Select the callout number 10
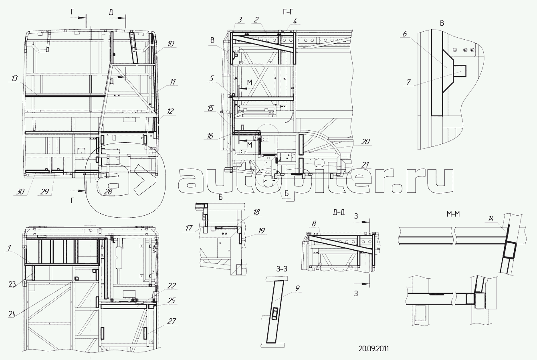(x=171, y=44)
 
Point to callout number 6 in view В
(x=404, y=35)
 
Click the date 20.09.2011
(x=373, y=348)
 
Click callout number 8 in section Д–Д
(x=314, y=222)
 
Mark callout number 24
(x=13, y=314)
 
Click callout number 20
(x=365, y=142)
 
